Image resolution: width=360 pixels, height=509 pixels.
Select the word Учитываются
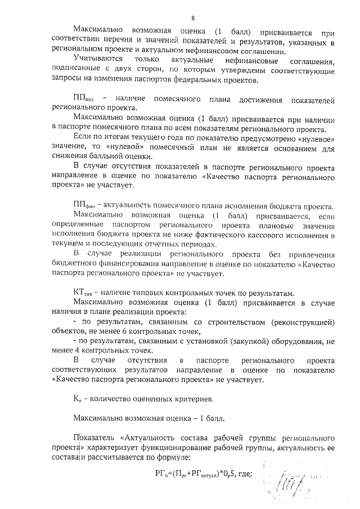(97, 59)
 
